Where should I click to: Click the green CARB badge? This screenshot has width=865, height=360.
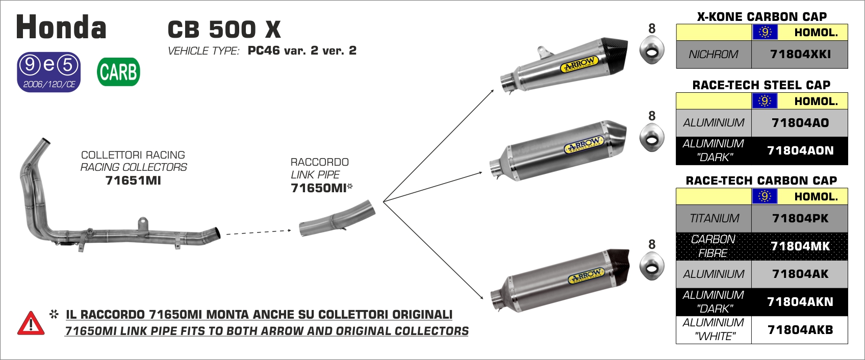click(x=118, y=72)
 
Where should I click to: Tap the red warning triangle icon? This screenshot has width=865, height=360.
click(x=31, y=323)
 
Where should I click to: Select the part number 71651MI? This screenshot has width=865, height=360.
click(x=133, y=181)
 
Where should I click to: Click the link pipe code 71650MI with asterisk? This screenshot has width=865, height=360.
click(x=322, y=188)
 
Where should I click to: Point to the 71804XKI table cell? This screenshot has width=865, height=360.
click(x=800, y=55)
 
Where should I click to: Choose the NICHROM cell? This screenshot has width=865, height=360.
click(x=714, y=55)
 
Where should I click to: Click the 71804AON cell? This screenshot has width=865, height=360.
click(x=800, y=150)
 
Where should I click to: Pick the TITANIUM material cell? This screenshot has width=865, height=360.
click(x=714, y=219)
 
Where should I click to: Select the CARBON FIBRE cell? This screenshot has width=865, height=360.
click(x=714, y=246)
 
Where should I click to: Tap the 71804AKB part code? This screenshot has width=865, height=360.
click(x=800, y=330)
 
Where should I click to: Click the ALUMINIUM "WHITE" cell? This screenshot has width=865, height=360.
click(x=714, y=330)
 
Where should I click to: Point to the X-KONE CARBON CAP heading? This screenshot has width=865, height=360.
click(x=761, y=17)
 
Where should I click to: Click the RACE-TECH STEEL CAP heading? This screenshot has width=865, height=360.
click(x=761, y=85)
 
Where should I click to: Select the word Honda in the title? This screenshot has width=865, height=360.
click(x=61, y=27)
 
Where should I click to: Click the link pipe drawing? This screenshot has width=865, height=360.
click(x=337, y=218)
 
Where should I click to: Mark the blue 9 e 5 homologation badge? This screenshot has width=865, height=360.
click(x=48, y=72)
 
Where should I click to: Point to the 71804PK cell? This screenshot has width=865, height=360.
click(x=800, y=219)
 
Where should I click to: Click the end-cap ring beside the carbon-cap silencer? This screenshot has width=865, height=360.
click(x=652, y=266)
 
